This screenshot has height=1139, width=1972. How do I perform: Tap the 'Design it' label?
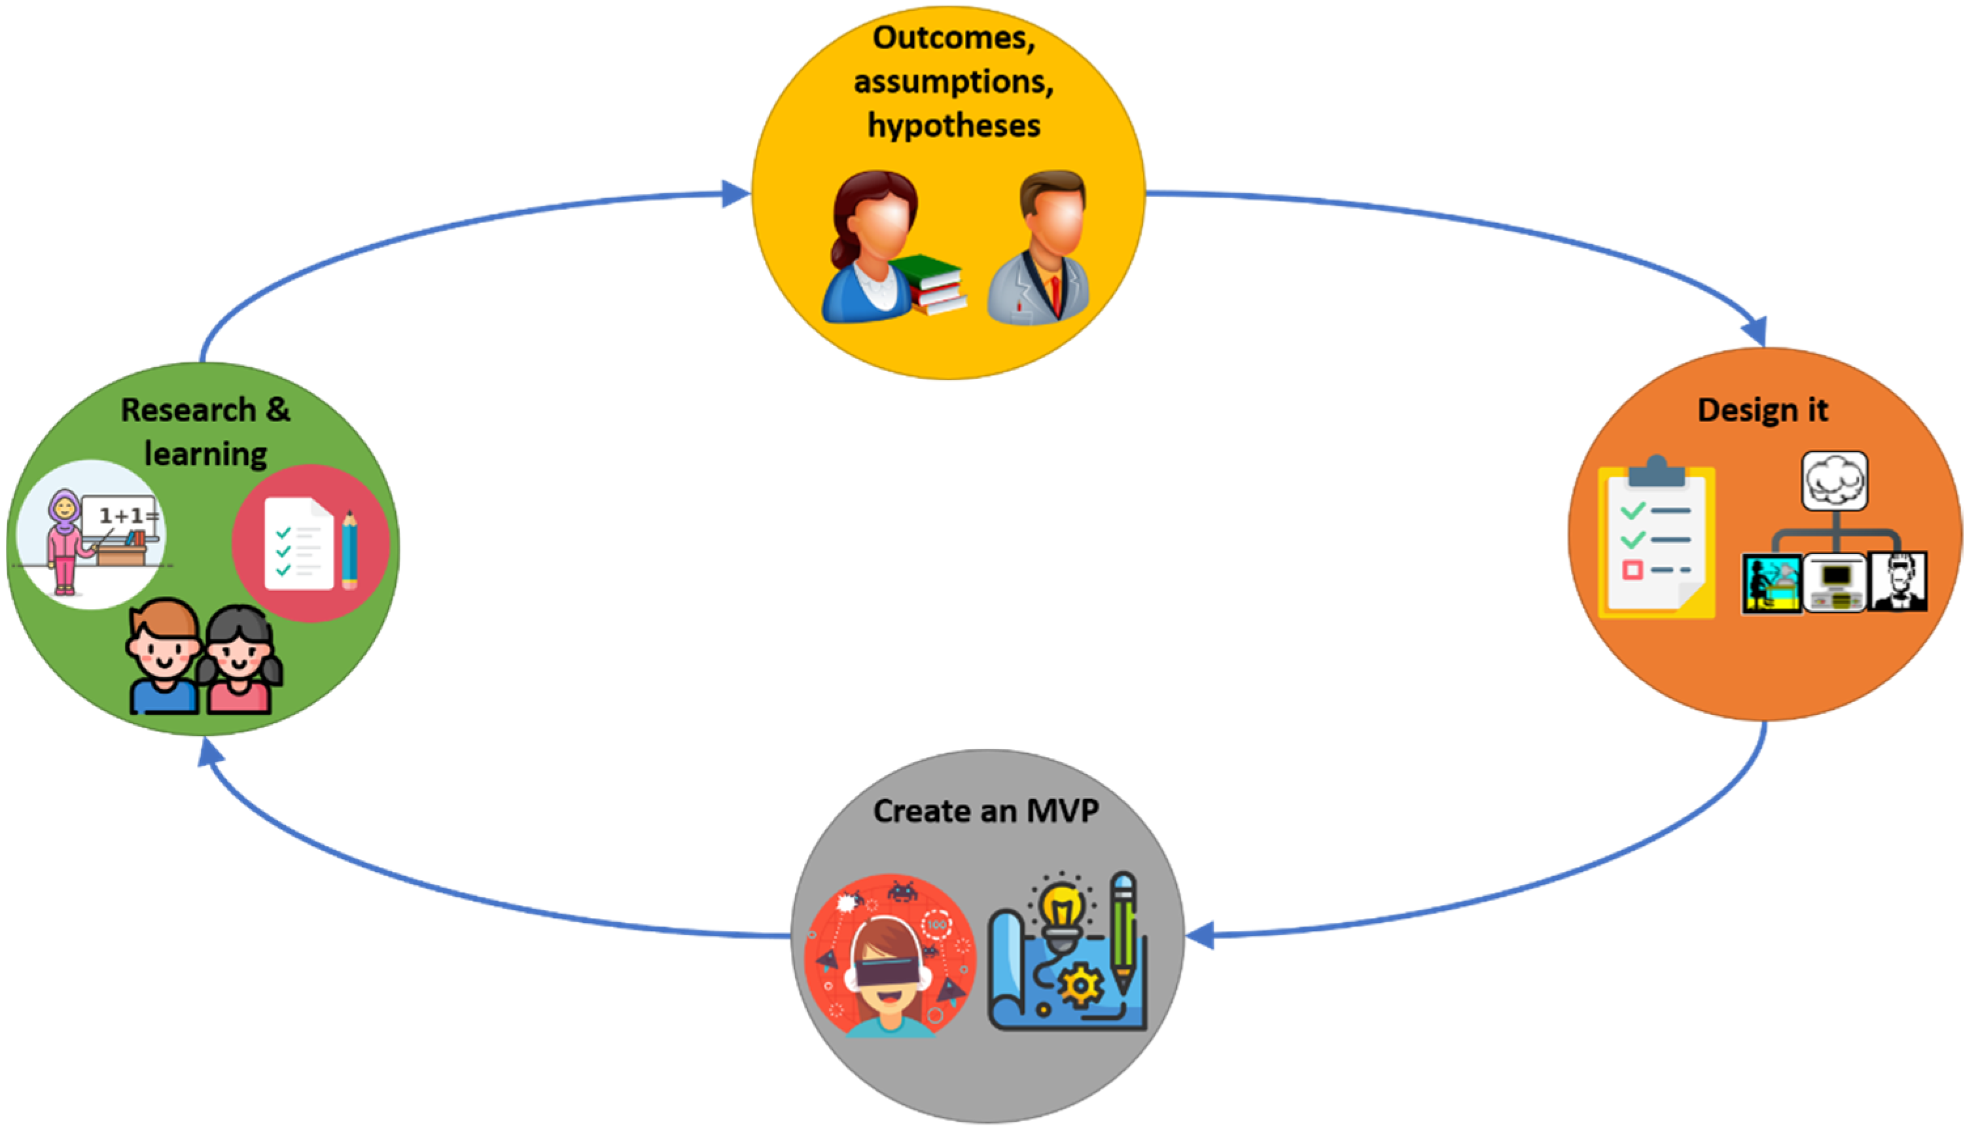(x=1763, y=410)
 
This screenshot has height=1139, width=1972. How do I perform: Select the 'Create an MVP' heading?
(x=985, y=811)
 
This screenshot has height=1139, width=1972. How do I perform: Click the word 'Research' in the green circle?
(x=188, y=410)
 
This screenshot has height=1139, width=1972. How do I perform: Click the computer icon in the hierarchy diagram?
(x=1835, y=583)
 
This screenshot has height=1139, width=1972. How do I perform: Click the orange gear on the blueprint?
(x=1080, y=986)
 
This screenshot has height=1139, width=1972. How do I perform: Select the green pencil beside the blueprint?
(x=1123, y=931)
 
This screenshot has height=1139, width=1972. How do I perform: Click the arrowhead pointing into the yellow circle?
(x=735, y=194)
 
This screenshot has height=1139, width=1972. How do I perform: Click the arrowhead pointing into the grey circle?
(x=1201, y=935)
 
